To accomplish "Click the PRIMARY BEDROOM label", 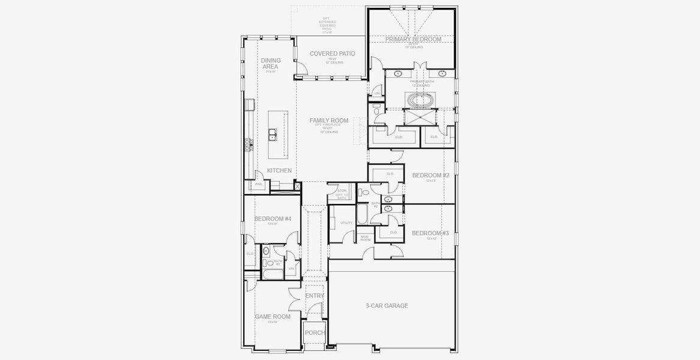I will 413,39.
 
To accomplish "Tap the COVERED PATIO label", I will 332,53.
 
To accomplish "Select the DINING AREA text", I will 270,63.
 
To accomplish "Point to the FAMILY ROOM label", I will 328,121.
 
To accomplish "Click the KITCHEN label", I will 279,171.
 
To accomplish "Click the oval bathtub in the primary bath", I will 420,99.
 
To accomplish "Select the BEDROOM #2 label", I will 430,175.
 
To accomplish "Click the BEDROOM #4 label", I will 273,219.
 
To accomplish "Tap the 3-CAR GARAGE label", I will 387,306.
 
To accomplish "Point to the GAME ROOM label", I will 273,317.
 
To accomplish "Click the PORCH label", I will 315,332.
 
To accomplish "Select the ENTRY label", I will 315,296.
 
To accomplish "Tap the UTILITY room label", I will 346,223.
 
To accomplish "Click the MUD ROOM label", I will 364,238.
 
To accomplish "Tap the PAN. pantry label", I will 258,184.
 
